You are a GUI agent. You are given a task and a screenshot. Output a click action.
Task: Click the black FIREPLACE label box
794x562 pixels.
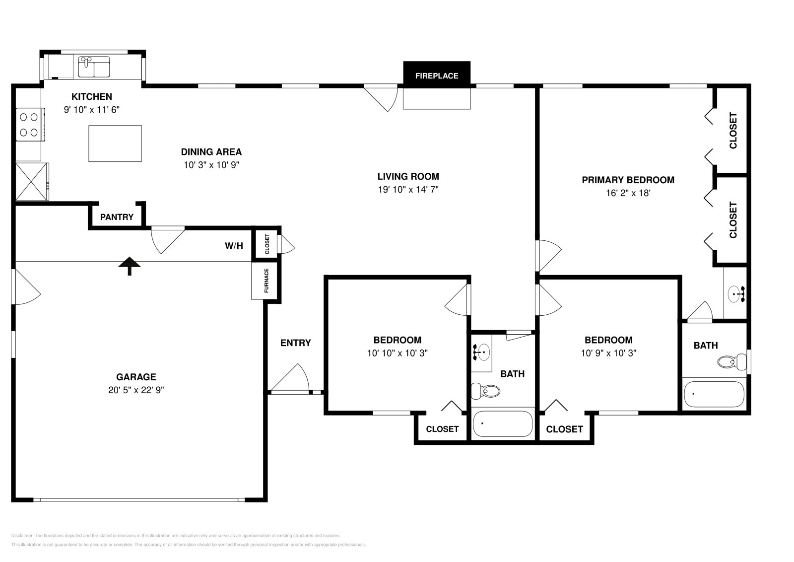click(x=436, y=75)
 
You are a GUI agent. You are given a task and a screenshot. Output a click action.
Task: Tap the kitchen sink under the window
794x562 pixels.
click(x=94, y=67)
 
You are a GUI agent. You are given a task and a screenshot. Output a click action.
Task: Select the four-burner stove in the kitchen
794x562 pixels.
click(x=28, y=125)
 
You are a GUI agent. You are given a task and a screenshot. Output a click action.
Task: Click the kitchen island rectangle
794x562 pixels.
click(x=115, y=143)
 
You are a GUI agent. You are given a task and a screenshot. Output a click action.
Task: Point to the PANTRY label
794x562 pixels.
click(x=117, y=217)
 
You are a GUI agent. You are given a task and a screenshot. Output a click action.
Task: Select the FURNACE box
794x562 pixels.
click(x=265, y=281)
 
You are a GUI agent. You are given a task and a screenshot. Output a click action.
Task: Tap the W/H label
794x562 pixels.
click(x=234, y=246)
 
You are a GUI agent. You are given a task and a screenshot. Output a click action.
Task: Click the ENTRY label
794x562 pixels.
click(x=295, y=343)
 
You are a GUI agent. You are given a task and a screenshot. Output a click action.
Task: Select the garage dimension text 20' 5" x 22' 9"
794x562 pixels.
click(x=136, y=390)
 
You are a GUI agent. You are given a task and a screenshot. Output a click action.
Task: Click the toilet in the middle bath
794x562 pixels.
click(x=485, y=392)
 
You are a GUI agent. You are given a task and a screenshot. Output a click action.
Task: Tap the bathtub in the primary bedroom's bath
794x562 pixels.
click(x=714, y=394)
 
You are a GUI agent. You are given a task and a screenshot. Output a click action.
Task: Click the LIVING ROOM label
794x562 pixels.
click(x=408, y=176)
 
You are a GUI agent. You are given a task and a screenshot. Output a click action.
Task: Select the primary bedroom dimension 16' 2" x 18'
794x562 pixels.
click(x=628, y=193)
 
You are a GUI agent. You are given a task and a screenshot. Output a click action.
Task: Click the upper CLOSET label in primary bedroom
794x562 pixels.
click(x=733, y=131)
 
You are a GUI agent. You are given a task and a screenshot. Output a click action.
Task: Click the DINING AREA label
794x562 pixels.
click(x=211, y=152)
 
